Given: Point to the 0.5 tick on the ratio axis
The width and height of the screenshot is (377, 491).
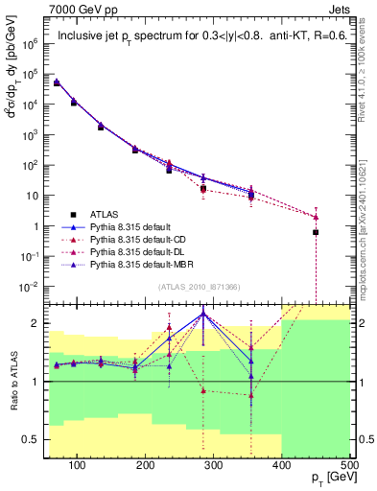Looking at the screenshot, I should (34, 439).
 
